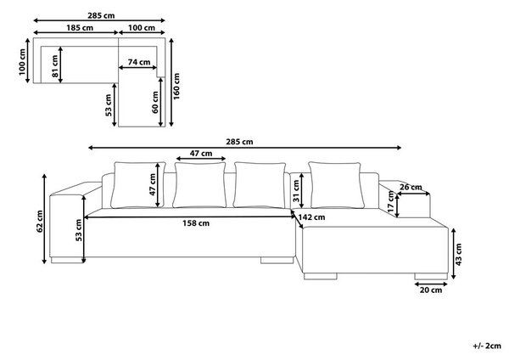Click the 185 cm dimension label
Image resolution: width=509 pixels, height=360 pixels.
(x=80, y=28)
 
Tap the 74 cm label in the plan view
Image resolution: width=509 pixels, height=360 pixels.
(x=139, y=62)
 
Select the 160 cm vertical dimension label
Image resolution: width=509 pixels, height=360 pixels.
(x=176, y=86)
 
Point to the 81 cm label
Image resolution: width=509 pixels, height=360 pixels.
(x=55, y=66)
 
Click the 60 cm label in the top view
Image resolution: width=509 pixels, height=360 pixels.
(x=155, y=103)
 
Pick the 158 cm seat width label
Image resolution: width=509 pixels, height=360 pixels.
(x=196, y=223)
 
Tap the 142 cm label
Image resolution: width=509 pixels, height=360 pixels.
(x=311, y=217)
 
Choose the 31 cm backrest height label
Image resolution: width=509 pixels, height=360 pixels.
(x=296, y=191)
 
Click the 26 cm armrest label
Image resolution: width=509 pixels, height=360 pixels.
(x=411, y=187)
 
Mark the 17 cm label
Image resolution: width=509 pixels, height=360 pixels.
(x=390, y=202)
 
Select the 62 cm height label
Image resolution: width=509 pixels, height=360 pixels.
(x=39, y=222)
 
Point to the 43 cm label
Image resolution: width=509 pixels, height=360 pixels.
(x=458, y=255)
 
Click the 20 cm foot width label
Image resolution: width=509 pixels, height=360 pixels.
(x=431, y=290)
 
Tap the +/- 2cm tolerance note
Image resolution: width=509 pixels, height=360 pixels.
(x=487, y=346)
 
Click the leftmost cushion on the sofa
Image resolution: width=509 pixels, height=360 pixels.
(x=138, y=185)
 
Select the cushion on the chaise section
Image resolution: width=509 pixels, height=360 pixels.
(x=336, y=185)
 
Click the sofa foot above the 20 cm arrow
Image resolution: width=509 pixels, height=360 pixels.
(x=431, y=276)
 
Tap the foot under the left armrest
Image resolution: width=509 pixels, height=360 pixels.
(x=68, y=260)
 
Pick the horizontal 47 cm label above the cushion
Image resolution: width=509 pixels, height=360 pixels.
(x=201, y=154)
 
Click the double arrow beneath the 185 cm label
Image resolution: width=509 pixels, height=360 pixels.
(x=76, y=32)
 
